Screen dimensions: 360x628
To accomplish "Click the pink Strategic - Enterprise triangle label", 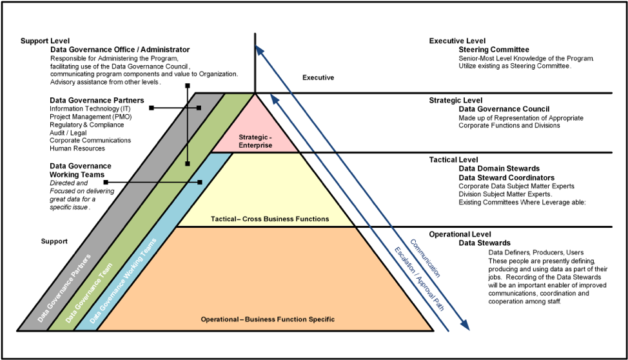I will pos(255,141).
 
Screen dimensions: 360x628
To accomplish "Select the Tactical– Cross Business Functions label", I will pos(270,219).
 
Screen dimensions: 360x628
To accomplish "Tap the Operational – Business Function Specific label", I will pos(268,319).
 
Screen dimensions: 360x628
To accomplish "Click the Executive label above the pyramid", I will pos(318,78).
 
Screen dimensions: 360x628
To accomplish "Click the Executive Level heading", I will pos(456,41).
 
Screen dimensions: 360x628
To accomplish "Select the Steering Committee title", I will pos(494,50).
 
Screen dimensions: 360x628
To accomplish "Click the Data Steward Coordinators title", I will pos(506,177).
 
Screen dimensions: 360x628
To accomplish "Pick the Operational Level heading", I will pos(460,234).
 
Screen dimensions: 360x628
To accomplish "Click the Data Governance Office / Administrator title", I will pos(120,50).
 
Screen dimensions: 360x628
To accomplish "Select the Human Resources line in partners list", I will pos(77,148).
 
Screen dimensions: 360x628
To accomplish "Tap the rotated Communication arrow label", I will pos(425,257).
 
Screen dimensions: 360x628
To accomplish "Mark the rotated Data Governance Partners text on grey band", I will pos(64,287).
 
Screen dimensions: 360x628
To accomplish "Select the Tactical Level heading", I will pos(454,159).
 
